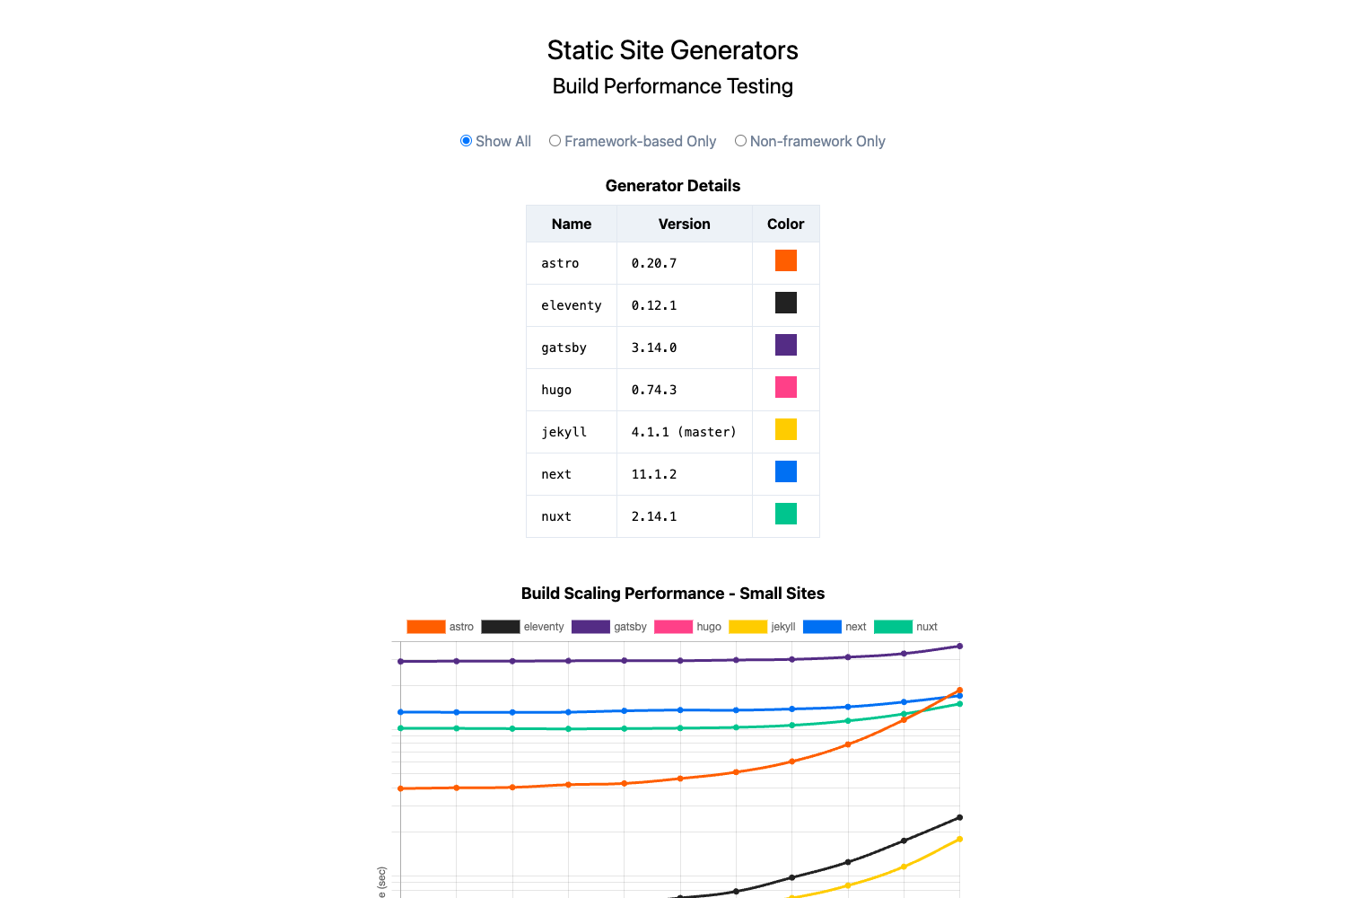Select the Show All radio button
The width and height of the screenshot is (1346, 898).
point(466,141)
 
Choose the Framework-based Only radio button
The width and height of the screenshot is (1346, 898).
point(555,141)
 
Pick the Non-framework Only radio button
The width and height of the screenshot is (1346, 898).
point(740,141)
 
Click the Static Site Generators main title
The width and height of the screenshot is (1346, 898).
point(672,50)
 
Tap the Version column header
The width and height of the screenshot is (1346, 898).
point(684,224)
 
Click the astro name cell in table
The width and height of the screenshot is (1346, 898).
point(560,263)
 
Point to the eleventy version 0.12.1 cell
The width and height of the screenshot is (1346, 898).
point(654,305)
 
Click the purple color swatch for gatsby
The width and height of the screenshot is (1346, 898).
point(785,345)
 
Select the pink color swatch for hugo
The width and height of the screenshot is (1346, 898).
point(785,387)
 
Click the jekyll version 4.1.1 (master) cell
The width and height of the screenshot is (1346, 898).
point(683,432)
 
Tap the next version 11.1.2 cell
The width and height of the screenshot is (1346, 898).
point(654,474)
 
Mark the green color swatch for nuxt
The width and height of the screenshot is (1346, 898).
point(785,514)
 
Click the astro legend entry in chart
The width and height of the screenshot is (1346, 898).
point(440,627)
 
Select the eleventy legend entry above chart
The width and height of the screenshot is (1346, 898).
point(522,627)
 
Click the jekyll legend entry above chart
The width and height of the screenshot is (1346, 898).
point(762,627)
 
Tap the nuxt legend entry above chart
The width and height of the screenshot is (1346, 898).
point(905,627)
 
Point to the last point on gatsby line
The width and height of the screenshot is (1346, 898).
point(959,646)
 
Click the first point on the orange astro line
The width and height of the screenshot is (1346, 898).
point(400,788)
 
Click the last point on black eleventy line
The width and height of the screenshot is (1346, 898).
point(959,817)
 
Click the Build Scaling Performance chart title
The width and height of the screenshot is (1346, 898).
point(672,594)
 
